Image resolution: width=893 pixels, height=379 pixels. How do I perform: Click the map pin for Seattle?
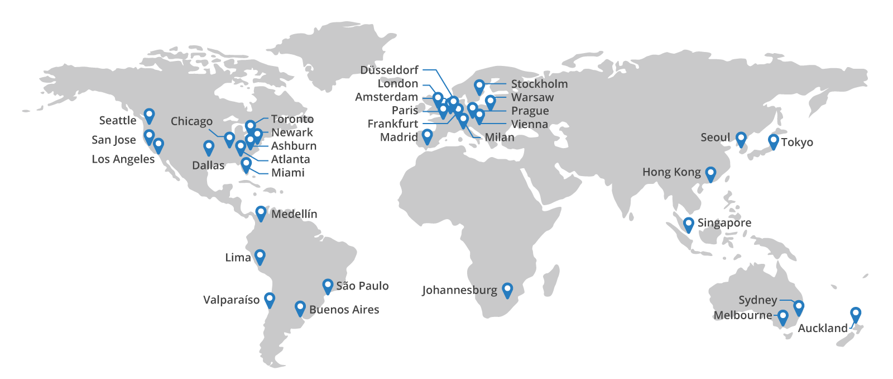click(x=149, y=115)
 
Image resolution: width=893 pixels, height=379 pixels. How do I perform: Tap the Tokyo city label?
click(x=796, y=143)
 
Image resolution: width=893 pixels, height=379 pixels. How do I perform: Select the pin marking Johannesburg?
click(x=507, y=290)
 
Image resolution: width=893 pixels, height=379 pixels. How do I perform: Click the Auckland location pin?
click(x=856, y=314)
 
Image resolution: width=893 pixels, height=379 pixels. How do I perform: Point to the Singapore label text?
click(x=724, y=223)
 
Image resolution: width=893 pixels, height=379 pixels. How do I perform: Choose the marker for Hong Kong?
click(x=710, y=173)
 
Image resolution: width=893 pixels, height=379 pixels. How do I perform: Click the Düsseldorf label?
click(x=389, y=70)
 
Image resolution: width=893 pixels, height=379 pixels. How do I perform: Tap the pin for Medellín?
click(x=261, y=213)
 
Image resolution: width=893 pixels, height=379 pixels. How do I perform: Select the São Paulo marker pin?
click(x=328, y=286)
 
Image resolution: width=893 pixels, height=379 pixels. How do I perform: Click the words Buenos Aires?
click(x=344, y=310)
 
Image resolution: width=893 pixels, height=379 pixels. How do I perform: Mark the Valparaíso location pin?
click(x=270, y=299)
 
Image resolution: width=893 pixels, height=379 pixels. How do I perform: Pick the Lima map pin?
click(x=260, y=257)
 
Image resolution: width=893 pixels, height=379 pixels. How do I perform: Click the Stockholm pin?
click(x=479, y=87)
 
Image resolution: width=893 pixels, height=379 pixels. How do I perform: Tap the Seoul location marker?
click(x=741, y=139)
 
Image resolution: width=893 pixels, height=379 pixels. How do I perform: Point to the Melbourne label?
click(x=742, y=315)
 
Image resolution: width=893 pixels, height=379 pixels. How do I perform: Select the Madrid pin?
click(x=427, y=136)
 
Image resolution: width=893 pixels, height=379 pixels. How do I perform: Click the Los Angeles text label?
click(x=123, y=159)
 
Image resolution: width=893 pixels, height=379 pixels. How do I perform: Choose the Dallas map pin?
click(x=209, y=148)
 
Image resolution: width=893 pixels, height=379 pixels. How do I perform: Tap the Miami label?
click(x=287, y=173)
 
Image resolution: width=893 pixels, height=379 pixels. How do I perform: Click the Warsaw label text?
click(x=532, y=97)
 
